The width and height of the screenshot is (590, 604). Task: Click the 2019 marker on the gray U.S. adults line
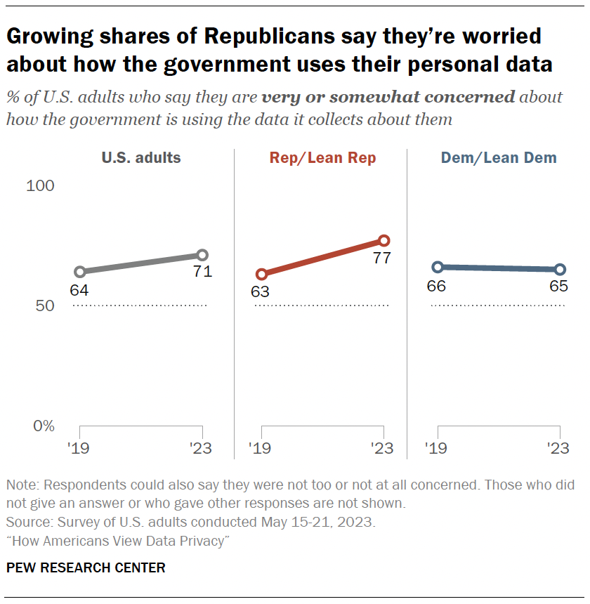80,272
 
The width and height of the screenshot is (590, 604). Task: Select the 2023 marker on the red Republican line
383,241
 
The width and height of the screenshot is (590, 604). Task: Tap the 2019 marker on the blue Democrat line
438,267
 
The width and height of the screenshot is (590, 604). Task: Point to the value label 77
381,258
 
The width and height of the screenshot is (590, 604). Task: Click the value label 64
79,289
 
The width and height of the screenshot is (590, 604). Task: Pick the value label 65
558,287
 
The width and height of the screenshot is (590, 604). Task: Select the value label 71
202,272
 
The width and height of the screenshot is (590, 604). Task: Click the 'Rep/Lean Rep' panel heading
323,158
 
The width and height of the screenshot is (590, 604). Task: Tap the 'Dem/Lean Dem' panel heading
499,158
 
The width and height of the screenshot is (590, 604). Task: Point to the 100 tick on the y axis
40,186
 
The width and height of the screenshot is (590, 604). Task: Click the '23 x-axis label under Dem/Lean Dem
558,449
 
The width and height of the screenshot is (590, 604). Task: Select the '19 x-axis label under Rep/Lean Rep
260,449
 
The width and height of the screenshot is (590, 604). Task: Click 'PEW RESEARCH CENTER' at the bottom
86,567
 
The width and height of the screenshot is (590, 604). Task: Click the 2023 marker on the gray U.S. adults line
202,255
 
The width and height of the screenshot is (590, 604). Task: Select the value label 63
260,291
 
